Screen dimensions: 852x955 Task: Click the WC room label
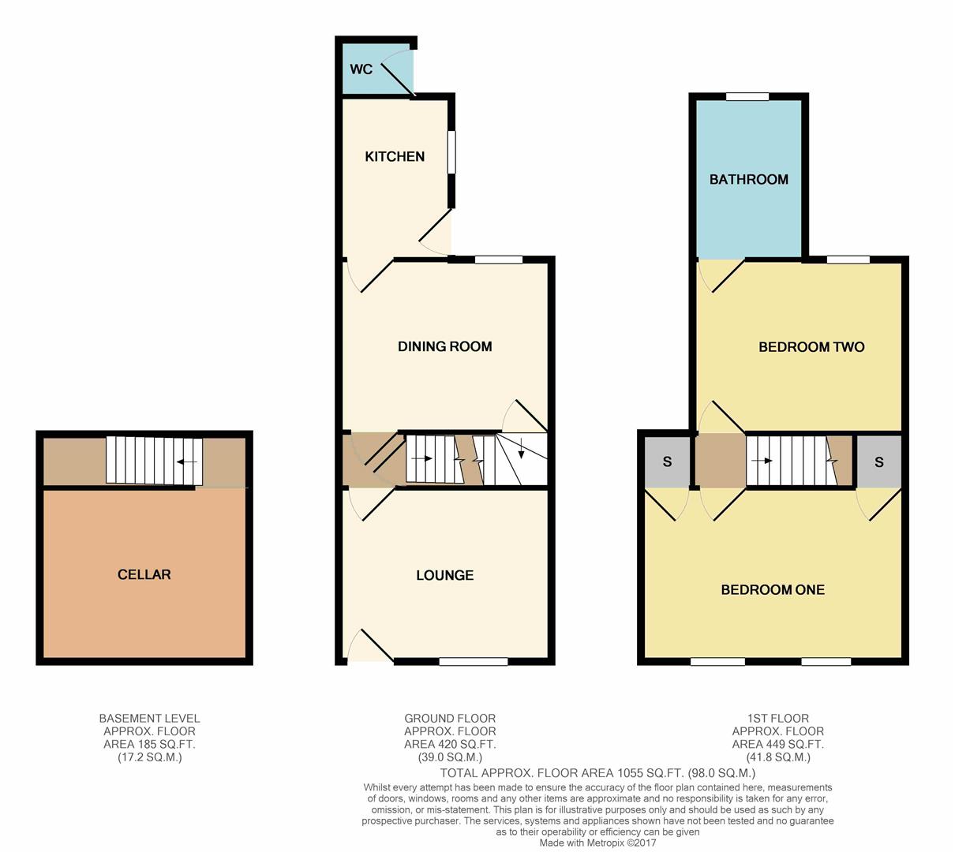361,69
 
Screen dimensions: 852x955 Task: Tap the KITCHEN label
395,156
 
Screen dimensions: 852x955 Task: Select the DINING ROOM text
444,346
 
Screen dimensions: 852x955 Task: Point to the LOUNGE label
444,575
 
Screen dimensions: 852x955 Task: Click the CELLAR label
144,574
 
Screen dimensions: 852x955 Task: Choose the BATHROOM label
748,179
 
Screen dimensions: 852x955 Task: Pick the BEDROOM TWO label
811,346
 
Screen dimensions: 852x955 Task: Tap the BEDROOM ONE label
773,589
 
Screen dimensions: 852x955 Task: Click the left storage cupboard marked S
667,461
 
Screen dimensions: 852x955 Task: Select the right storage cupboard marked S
879,461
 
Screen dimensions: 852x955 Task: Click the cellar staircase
155,461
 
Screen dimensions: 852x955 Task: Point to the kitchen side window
452,151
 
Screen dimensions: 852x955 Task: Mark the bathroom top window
747,97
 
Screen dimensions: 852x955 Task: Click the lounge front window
474,661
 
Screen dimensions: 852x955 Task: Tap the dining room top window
498,260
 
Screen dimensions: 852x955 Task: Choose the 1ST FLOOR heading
777,718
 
